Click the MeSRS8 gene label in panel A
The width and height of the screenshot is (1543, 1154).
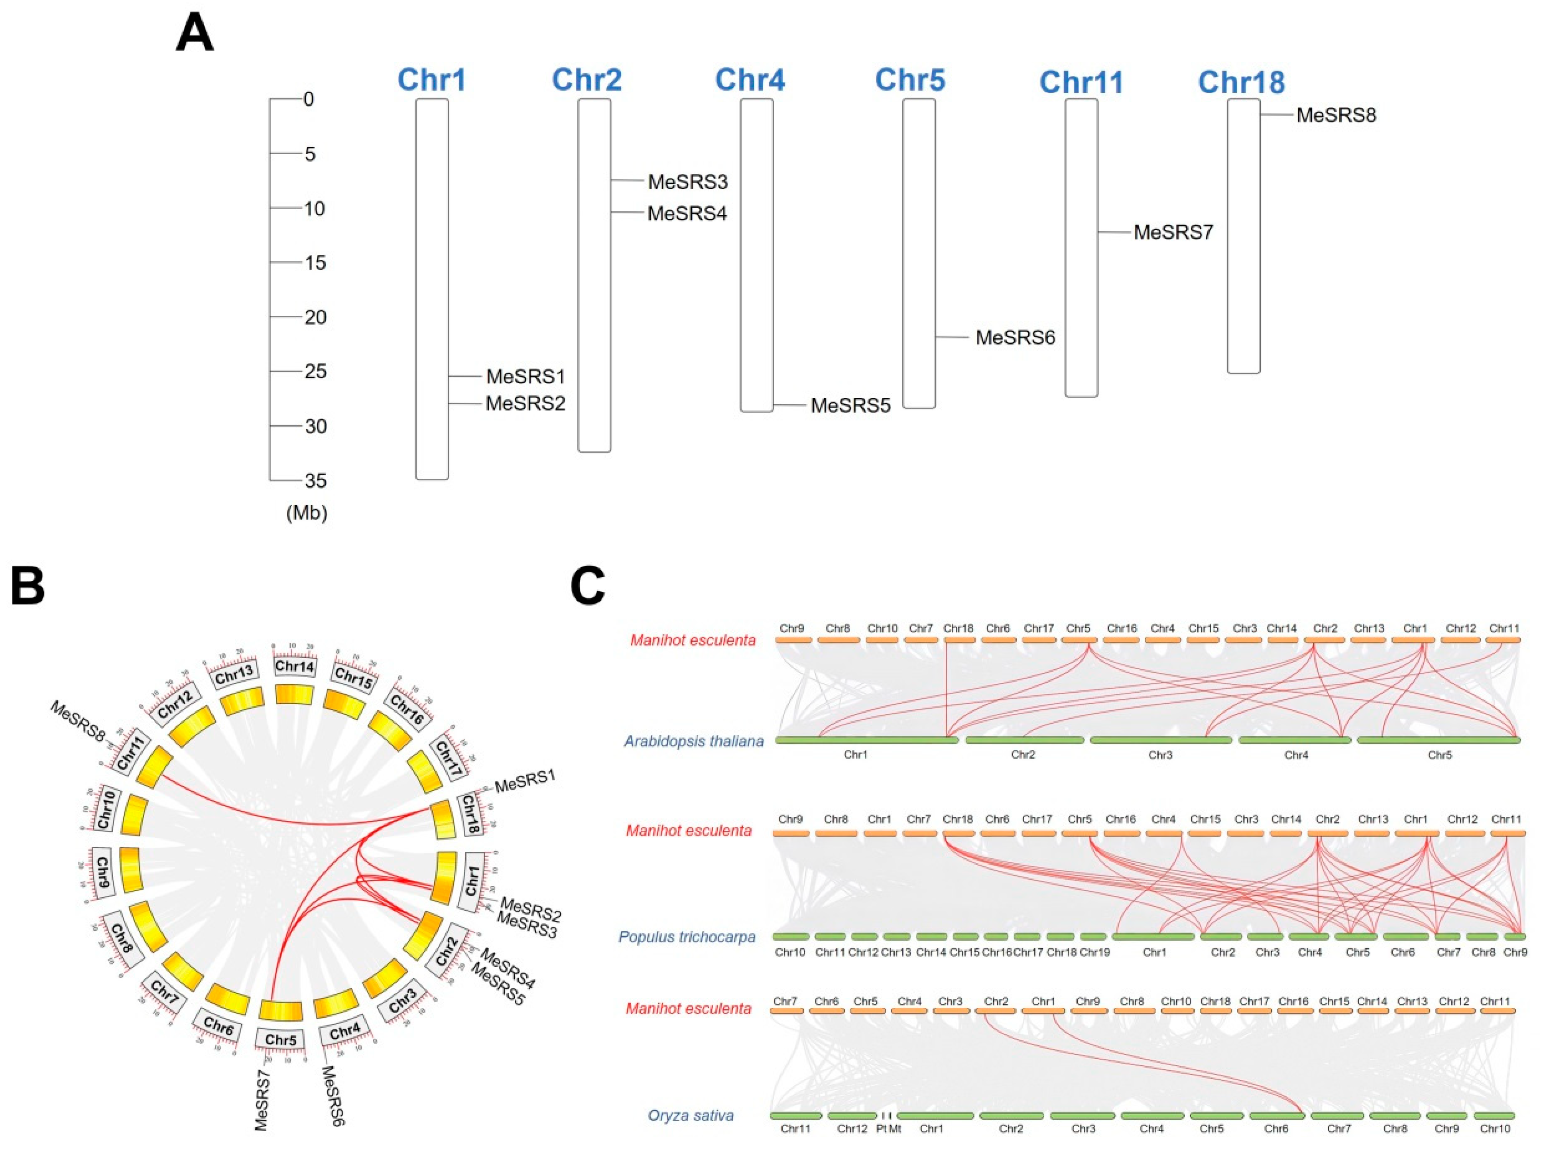pyautogui.click(x=1336, y=116)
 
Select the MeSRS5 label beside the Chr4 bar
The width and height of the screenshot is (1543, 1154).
pyautogui.click(x=850, y=406)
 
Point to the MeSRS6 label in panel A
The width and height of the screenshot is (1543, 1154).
pyautogui.click(x=1015, y=338)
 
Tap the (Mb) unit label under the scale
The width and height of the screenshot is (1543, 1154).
pyautogui.click(x=306, y=513)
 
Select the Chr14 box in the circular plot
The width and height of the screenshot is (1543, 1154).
pyautogui.click(x=294, y=666)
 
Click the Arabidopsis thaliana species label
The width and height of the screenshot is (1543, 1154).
pyautogui.click(x=693, y=741)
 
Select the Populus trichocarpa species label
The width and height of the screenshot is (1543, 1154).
pyautogui.click(x=687, y=936)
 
